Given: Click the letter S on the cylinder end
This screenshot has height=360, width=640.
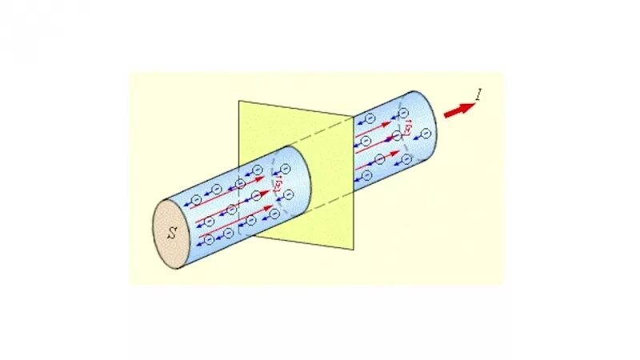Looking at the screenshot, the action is pyautogui.click(x=173, y=234).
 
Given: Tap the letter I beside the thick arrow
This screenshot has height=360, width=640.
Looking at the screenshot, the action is pyautogui.click(x=478, y=97).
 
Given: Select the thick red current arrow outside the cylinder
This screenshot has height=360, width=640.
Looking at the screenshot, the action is pyautogui.click(x=458, y=110).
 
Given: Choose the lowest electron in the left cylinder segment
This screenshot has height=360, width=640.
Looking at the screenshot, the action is pyautogui.click(x=209, y=239).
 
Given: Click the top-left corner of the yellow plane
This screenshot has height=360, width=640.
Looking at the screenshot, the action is pyautogui.click(x=238, y=102).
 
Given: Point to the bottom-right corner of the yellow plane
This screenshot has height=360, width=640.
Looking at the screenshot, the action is pyautogui.click(x=354, y=250).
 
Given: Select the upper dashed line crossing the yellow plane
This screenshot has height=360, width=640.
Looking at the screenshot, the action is pyautogui.click(x=320, y=133).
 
